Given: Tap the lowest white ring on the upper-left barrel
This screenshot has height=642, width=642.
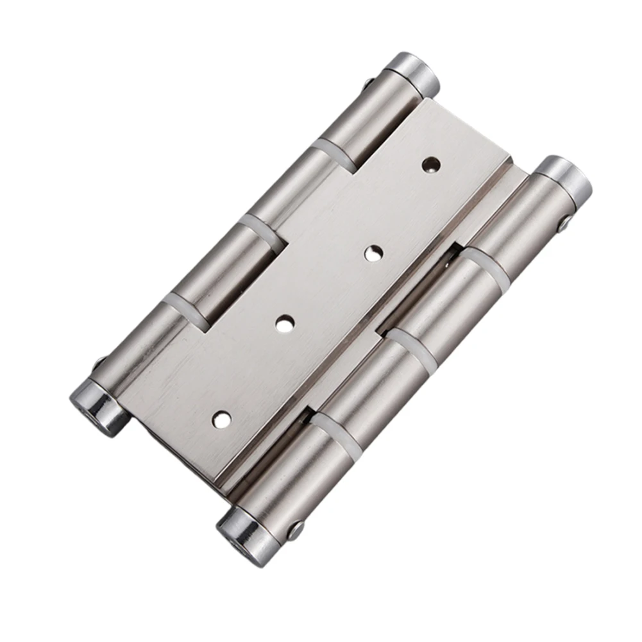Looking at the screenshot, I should pos(185,305).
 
